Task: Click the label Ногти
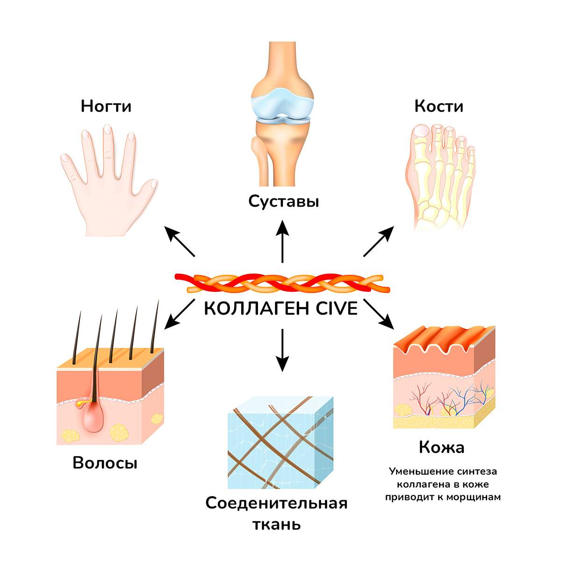click(106, 106)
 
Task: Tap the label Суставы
click(284, 201)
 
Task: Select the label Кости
click(439, 106)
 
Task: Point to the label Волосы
click(105, 463)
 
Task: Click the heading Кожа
click(442, 447)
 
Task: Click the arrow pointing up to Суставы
click(282, 242)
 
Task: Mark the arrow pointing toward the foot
click(379, 241)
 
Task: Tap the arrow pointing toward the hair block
click(180, 314)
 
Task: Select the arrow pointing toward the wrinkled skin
click(379, 314)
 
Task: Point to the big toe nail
click(422, 131)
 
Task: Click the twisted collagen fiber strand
click(282, 283)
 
